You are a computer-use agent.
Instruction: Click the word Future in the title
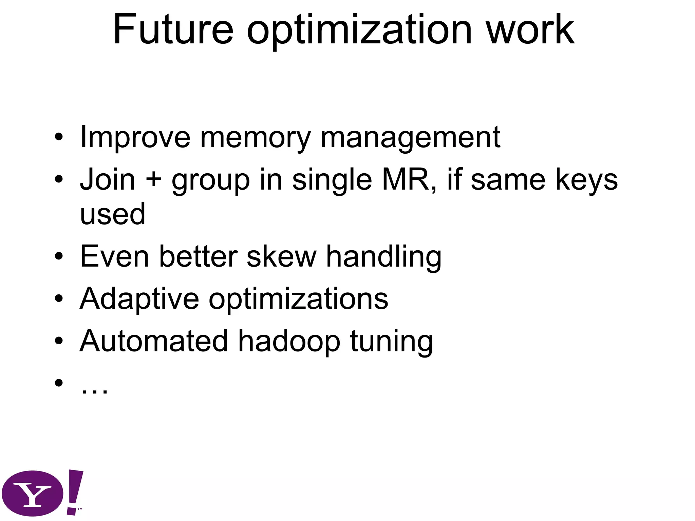click(x=173, y=30)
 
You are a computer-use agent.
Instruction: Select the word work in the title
click(x=530, y=30)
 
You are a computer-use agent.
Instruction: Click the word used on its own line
click(x=113, y=214)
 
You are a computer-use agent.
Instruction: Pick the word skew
click(x=281, y=257)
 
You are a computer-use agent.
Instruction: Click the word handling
click(x=384, y=257)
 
